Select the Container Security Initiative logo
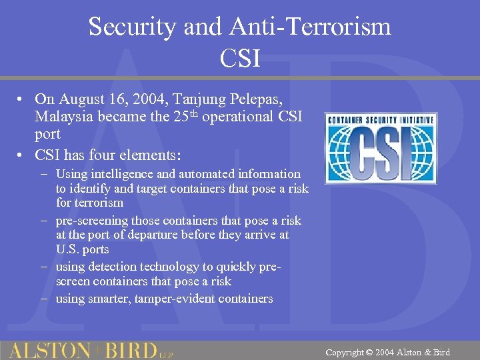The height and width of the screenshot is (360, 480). tap(381, 148)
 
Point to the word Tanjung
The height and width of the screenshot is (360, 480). tap(199, 99)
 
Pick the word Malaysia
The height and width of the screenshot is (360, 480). tap(62, 117)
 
